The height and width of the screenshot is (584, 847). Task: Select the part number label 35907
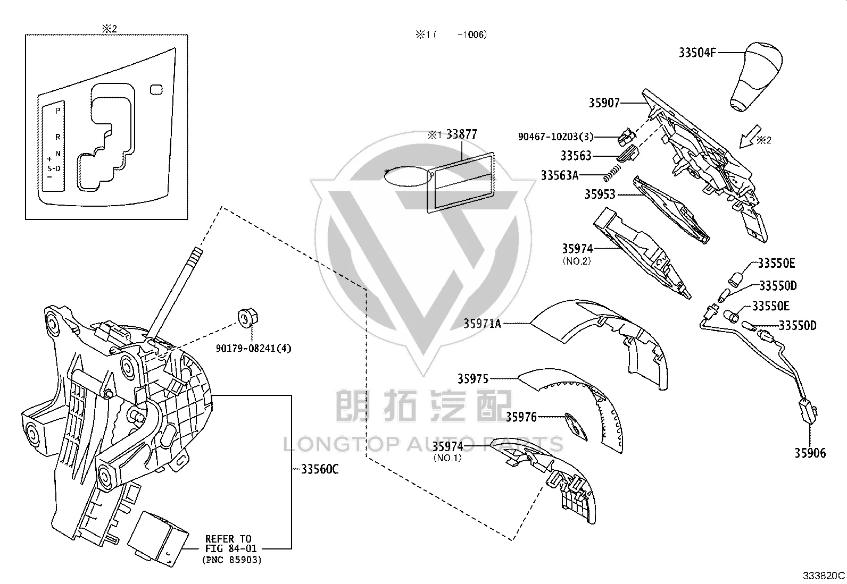tap(604, 103)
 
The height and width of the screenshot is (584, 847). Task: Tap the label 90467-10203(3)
tap(555, 137)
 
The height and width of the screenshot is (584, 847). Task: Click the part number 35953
tap(600, 194)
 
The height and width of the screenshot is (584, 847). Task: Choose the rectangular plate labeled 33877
tap(461, 182)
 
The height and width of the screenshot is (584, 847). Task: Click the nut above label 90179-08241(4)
tap(248, 317)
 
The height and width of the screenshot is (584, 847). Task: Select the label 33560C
tap(320, 469)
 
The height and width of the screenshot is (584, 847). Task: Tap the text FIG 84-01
tap(231, 548)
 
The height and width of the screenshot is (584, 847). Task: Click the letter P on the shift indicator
tap(58, 111)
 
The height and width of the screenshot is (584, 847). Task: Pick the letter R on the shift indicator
tap(58, 137)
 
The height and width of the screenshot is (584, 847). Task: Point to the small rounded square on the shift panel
tap(156, 89)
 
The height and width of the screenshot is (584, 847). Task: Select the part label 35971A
tap(481, 324)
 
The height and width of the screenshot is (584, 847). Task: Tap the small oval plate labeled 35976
tap(576, 427)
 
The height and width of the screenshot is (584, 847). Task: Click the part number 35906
tap(810, 453)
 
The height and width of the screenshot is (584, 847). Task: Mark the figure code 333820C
tap(824, 575)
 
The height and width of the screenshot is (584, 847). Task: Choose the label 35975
tap(472, 378)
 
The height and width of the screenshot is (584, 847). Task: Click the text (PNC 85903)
tap(232, 560)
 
